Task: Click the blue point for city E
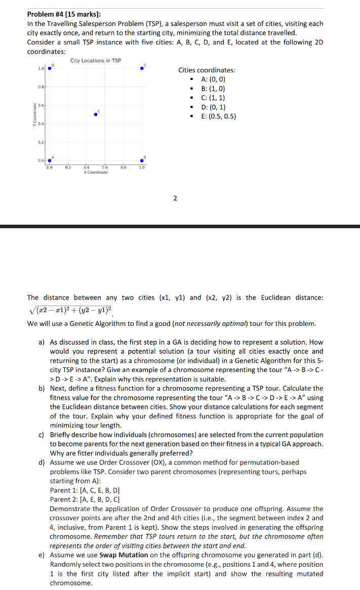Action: coord(96,114)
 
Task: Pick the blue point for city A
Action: coord(49,161)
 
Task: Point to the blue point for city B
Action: coord(142,161)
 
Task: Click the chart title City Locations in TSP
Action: coord(96,61)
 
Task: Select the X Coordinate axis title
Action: coord(96,173)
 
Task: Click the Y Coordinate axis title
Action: coord(34,115)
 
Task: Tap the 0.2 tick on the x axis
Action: coord(68,166)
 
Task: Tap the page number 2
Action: coord(175,198)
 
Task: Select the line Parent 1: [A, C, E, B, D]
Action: coord(85,490)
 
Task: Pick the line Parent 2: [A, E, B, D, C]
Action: coord(85,499)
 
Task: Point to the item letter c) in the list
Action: coord(42,435)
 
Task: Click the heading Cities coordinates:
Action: coord(207,70)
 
